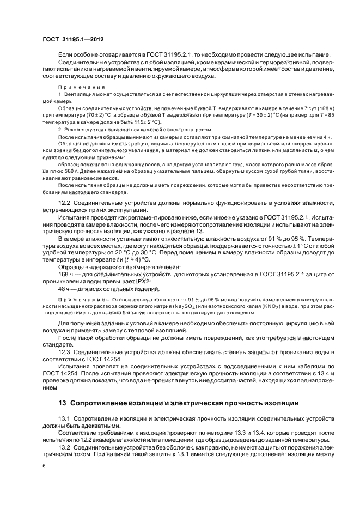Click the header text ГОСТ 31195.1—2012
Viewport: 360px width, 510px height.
(74, 40)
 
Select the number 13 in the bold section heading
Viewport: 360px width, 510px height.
(62, 403)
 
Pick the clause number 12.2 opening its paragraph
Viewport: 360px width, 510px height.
(65, 203)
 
